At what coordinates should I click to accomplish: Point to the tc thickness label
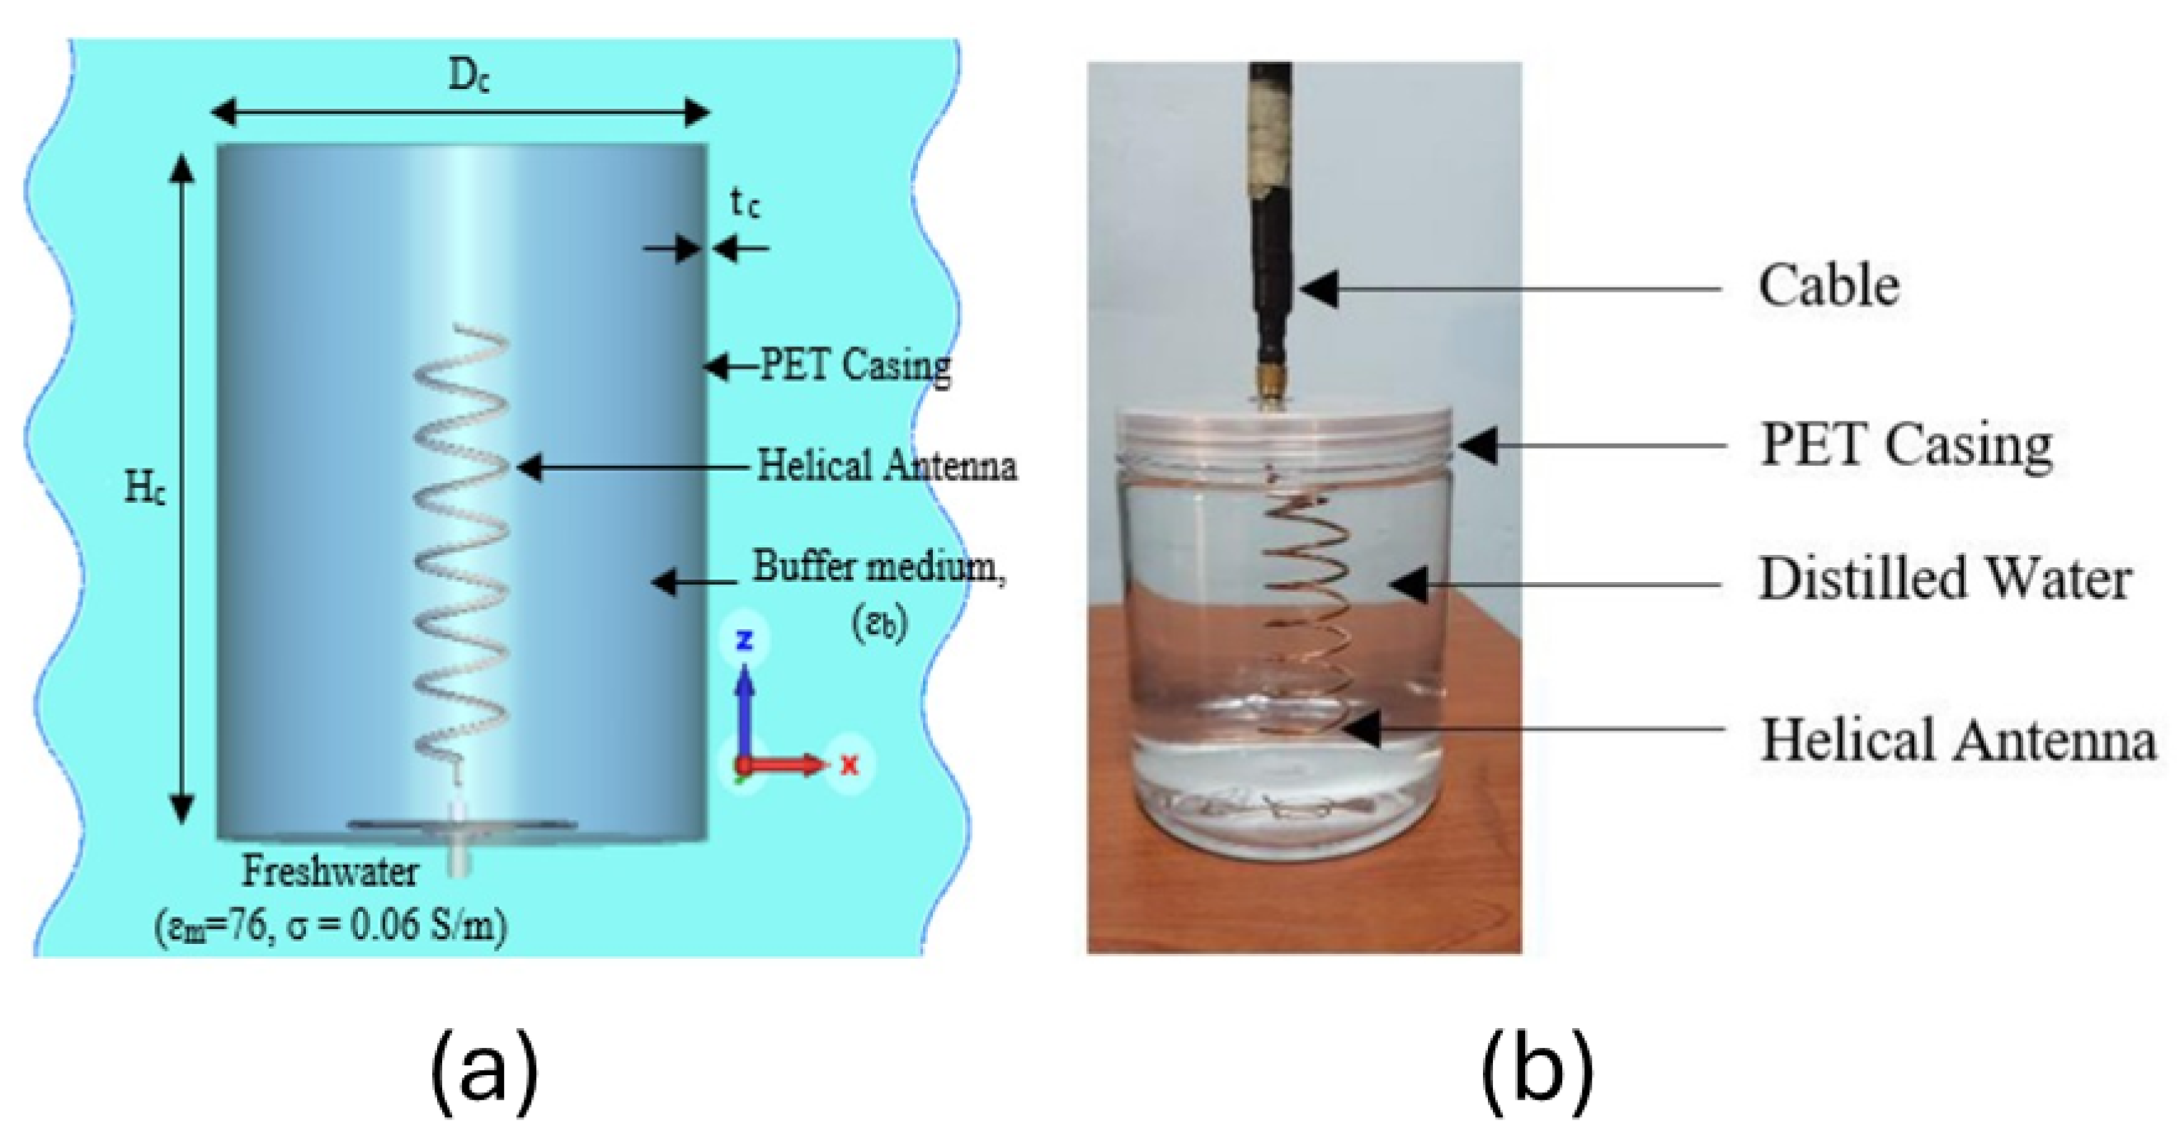[745, 204]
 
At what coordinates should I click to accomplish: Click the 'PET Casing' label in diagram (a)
[854, 366]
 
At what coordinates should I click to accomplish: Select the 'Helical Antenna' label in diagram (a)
[886, 466]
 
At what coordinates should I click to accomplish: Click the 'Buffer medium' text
[878, 566]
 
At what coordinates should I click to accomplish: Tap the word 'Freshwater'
[330, 871]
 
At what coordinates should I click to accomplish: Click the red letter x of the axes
[850, 764]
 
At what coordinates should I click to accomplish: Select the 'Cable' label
[1828, 287]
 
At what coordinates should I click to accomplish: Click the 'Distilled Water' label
[1945, 580]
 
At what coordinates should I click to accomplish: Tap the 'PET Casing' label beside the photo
[1906, 445]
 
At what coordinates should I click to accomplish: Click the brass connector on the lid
[1269, 390]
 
